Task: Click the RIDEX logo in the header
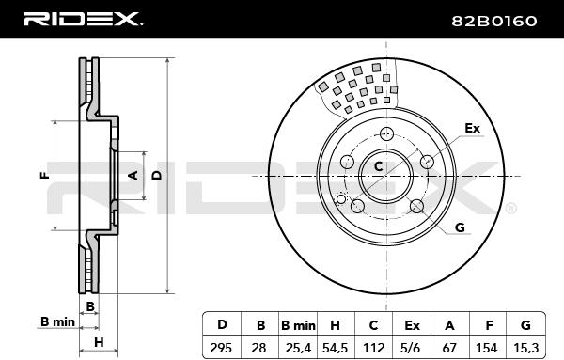[x=83, y=19]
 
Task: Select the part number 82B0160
[x=494, y=22]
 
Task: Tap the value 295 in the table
[x=221, y=348]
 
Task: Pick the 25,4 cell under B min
[x=298, y=348]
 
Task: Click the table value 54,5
[x=335, y=348]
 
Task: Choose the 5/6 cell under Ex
[x=412, y=348]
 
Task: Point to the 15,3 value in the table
[x=525, y=348]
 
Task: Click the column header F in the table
[x=489, y=325]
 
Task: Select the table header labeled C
[x=373, y=325]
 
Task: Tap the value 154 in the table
[x=487, y=348]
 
